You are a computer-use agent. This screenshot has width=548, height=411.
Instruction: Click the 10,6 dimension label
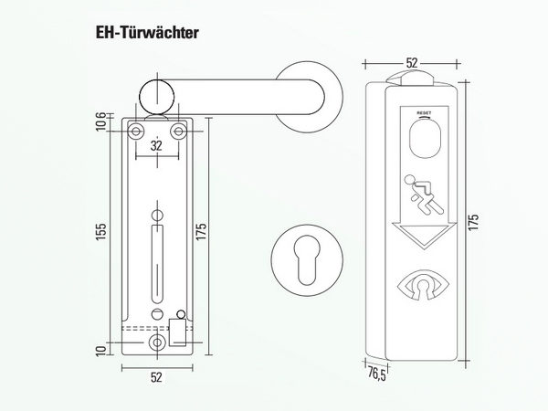(100, 121)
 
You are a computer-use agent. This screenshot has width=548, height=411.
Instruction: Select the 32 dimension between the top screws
(157, 144)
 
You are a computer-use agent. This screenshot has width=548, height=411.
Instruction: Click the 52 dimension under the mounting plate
(157, 375)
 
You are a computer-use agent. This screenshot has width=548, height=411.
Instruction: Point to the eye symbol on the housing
(423, 285)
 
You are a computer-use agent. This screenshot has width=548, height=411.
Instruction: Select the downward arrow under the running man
(422, 237)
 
